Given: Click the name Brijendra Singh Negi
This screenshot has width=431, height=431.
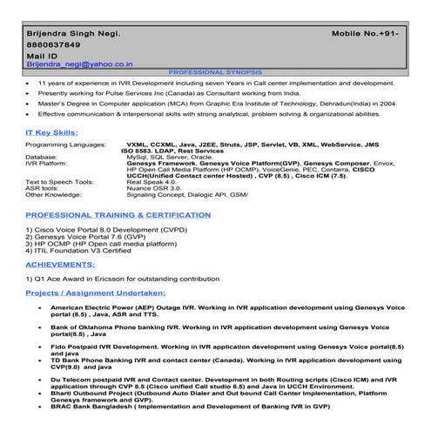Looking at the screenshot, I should pos(71,31).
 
